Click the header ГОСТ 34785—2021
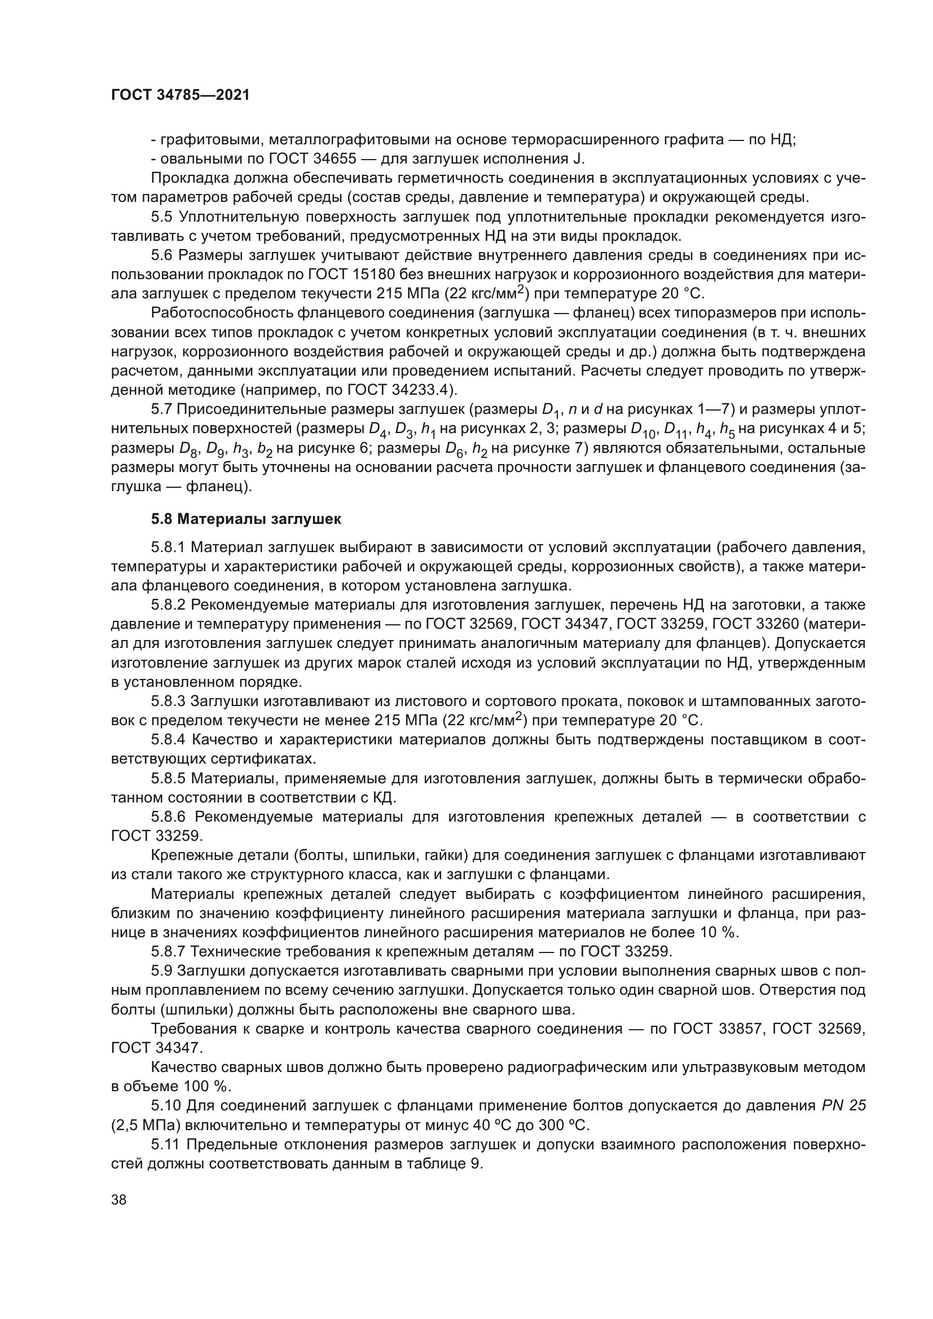pos(181,95)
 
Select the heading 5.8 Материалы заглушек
pos(246,519)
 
